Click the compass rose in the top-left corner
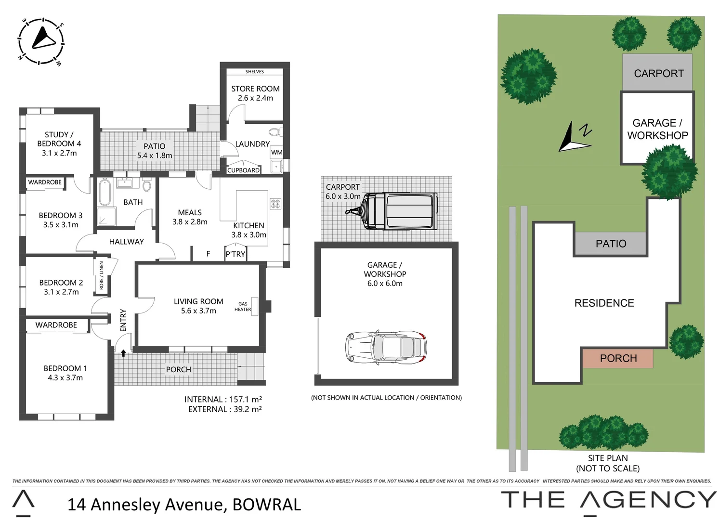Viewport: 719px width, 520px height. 41,40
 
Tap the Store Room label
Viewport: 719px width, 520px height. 255,89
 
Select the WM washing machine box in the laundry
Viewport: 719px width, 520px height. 277,153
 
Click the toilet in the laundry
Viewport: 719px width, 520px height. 275,132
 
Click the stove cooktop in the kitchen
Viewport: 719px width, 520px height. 275,204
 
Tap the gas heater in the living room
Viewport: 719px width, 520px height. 255,307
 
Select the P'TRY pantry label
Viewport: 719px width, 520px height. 235,254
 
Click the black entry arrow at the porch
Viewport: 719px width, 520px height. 123,353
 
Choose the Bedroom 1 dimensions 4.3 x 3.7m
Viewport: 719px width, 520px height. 65,378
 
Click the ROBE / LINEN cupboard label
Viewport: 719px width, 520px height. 101,276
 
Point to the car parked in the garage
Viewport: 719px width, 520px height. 386,346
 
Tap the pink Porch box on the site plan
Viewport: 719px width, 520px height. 618,358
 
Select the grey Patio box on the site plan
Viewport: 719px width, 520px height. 610,244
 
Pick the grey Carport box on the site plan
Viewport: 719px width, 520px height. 658,73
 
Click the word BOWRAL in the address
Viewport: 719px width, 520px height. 267,504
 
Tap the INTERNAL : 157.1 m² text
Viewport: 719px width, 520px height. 223,399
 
